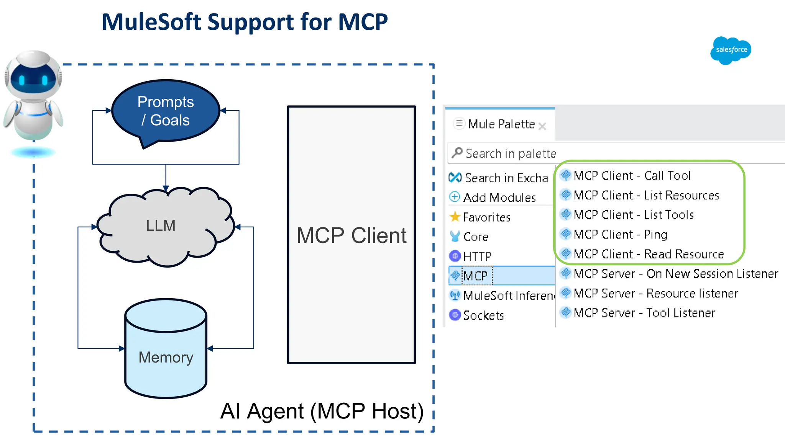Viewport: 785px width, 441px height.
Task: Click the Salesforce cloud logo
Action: (x=731, y=50)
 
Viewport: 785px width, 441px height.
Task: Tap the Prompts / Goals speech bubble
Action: (x=166, y=111)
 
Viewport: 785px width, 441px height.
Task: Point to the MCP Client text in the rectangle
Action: (x=351, y=235)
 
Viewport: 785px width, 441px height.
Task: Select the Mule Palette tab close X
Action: (x=542, y=126)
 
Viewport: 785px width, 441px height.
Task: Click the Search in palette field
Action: (x=613, y=154)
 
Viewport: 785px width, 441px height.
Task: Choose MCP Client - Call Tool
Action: (x=632, y=176)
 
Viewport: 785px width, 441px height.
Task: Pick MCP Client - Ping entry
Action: (x=620, y=234)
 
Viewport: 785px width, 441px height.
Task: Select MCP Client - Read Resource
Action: (x=648, y=254)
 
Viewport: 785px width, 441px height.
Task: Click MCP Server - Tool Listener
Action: (x=644, y=313)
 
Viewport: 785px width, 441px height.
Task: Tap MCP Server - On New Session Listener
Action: (x=675, y=274)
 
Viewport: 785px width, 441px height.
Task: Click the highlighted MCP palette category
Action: (x=475, y=276)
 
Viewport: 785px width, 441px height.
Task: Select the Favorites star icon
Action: (x=455, y=217)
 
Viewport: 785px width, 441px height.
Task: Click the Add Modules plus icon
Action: (x=455, y=197)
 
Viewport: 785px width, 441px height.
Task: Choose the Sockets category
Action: (x=483, y=315)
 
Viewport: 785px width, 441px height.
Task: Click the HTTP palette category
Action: (x=477, y=256)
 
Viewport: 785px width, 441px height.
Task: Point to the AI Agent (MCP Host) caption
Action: (x=322, y=412)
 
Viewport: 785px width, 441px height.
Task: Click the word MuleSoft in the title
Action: (x=151, y=22)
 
